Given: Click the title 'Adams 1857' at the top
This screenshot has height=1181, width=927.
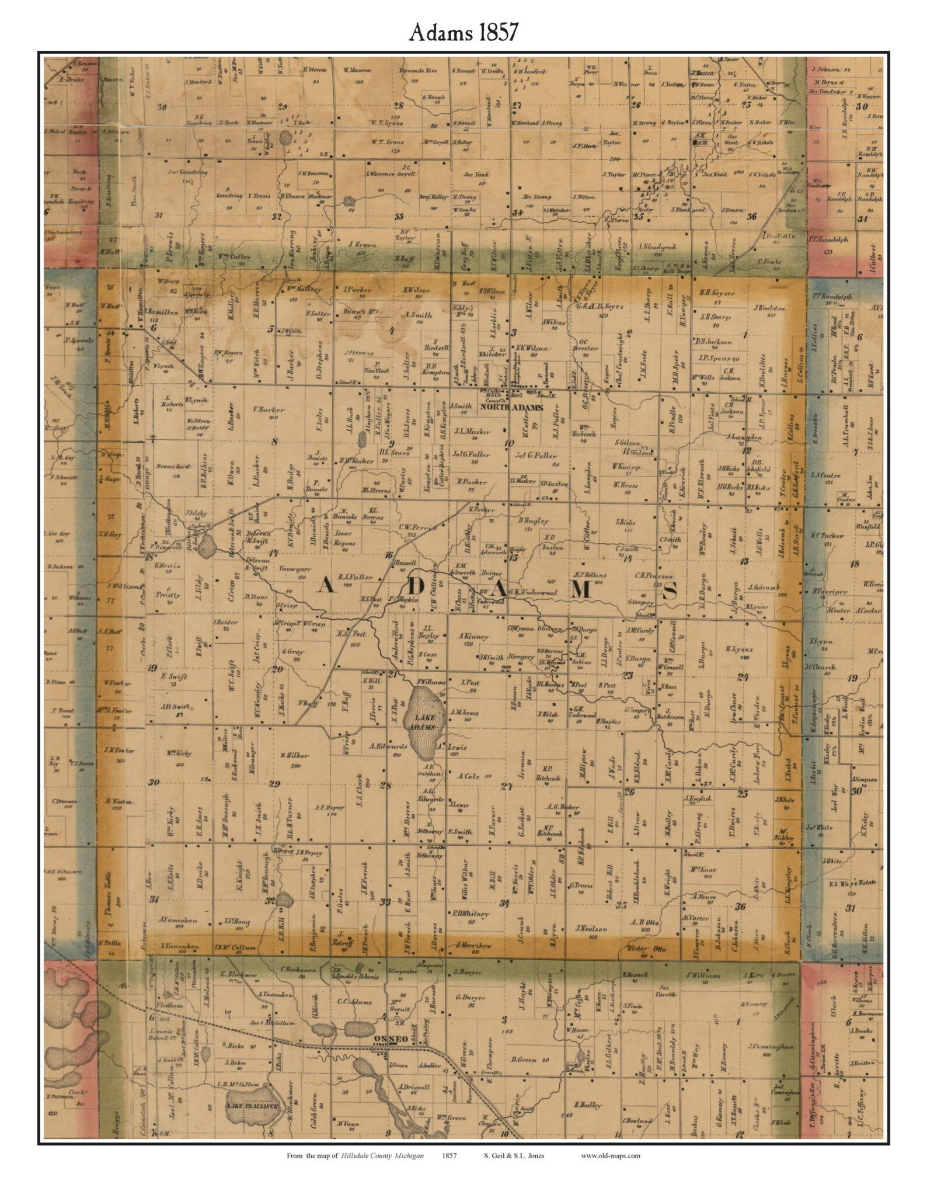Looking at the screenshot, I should pos(463,33).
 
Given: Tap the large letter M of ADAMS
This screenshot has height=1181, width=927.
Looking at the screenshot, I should pos(580,591).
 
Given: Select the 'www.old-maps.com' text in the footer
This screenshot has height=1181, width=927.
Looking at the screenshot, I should pos(610,1155).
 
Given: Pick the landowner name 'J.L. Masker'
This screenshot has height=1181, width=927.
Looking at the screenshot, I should pos(473,432).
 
